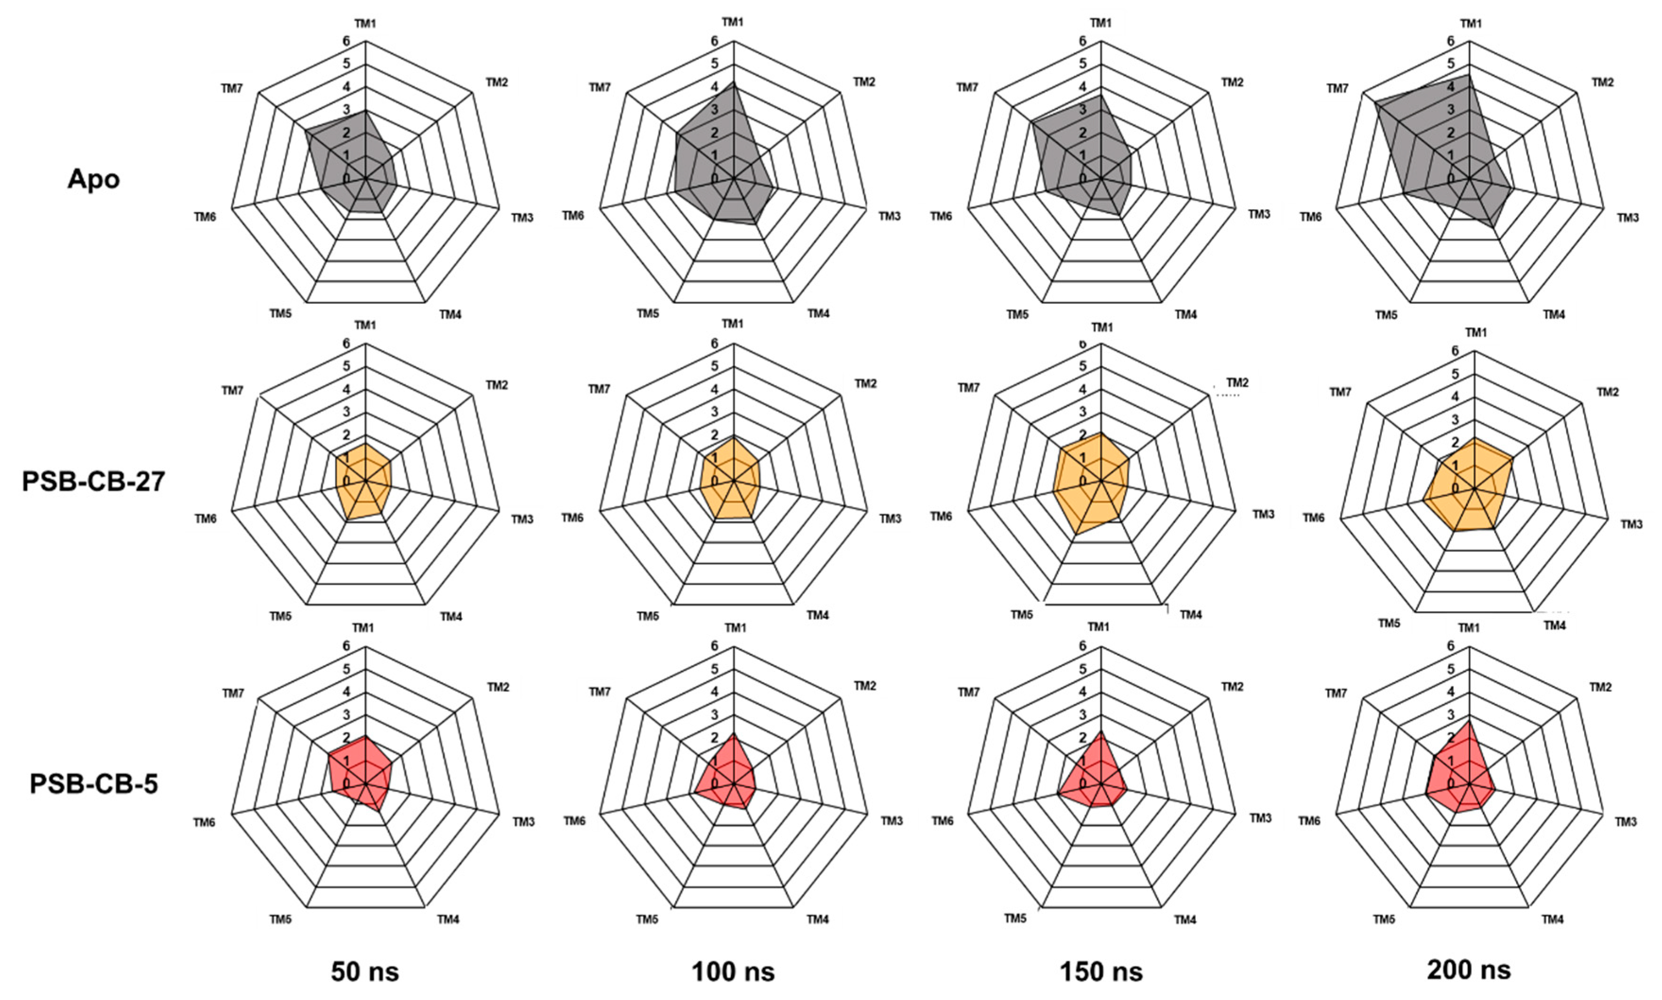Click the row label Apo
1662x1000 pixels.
(x=94, y=179)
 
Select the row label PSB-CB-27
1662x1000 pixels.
(x=94, y=482)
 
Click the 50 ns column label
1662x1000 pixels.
(x=365, y=972)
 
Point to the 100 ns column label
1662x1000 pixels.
(x=733, y=972)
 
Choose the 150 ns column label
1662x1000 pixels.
(x=1101, y=972)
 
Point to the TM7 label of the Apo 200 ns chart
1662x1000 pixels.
(x=1337, y=88)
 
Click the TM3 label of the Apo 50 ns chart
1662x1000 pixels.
(x=522, y=218)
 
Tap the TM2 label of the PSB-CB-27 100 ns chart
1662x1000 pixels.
(x=866, y=384)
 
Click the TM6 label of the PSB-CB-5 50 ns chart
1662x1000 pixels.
(x=204, y=822)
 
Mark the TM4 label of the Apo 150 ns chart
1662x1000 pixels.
(x=1186, y=314)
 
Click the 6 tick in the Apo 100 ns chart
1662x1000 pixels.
(x=715, y=41)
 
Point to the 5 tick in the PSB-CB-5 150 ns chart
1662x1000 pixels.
(x=1082, y=669)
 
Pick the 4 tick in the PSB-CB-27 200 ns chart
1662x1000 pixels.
(x=1455, y=396)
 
